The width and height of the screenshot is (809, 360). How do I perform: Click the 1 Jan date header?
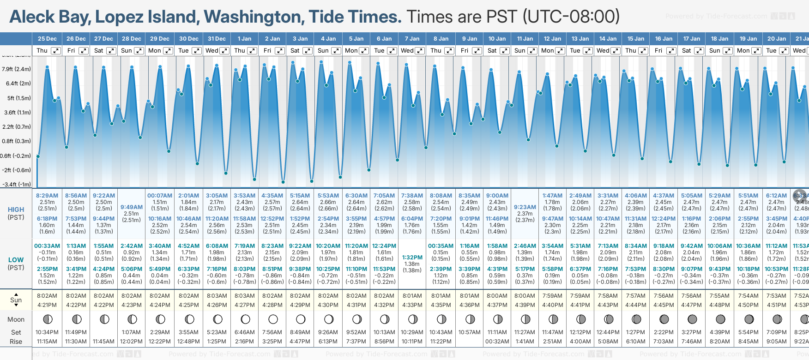244,39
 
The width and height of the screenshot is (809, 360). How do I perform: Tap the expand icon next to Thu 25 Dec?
55,51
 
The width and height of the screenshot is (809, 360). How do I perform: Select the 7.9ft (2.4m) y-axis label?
16,69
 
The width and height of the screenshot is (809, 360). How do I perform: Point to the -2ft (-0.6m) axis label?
16,170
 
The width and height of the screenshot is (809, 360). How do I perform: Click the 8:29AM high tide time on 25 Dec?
47,196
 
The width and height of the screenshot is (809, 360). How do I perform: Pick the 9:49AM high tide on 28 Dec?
132,207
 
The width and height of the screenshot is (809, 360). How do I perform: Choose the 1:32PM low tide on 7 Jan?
412,258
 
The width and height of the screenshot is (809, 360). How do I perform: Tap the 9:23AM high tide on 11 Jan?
525,207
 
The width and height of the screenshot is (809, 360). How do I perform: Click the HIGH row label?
16,210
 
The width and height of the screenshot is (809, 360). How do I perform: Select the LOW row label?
16,260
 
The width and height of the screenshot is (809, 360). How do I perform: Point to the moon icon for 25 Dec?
47,319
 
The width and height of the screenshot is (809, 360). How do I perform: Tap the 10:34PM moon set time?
47,332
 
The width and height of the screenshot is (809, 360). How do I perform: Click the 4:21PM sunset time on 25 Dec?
47,305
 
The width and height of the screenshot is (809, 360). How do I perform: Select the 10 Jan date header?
497,39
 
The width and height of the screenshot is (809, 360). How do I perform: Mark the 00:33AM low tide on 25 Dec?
47,246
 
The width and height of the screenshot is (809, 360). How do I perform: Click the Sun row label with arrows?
16,300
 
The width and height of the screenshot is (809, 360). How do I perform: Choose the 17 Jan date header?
692,39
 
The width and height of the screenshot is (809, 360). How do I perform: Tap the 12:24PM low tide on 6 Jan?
384,246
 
